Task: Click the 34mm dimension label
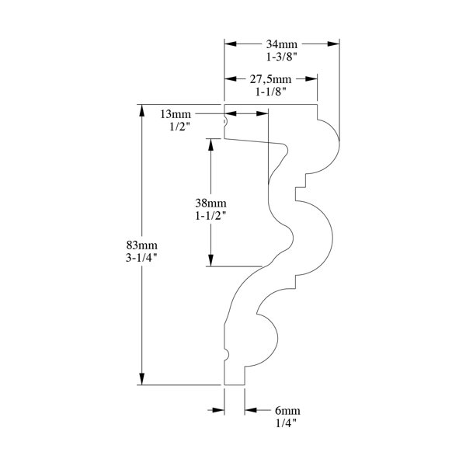[281, 44]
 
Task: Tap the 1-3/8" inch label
[281, 57]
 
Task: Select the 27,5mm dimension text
[270, 79]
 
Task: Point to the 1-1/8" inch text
[271, 92]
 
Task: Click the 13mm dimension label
[176, 114]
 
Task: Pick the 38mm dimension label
[210, 203]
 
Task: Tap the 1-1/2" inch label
[210, 216]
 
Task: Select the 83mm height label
[142, 245]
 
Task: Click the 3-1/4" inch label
[141, 258]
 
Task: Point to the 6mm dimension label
[287, 411]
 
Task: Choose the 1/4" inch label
[286, 423]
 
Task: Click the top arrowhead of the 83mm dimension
[142, 110]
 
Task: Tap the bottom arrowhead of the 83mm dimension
[142, 379]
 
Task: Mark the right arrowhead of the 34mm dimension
[333, 44]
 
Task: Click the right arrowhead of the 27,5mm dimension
[311, 78]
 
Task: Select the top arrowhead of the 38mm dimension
[211, 144]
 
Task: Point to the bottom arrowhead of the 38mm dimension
[211, 260]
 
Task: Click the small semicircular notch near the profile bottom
[228, 354]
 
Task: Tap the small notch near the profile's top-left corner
[226, 122]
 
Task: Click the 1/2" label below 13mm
[179, 127]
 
